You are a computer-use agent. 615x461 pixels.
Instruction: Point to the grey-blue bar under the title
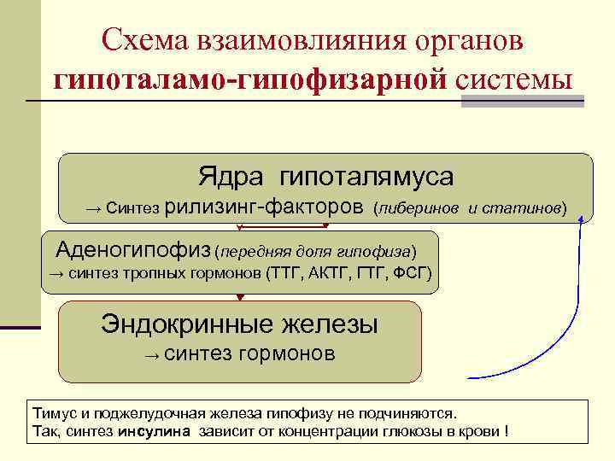click(x=522, y=101)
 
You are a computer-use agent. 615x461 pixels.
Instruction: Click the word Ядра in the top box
click(x=226, y=177)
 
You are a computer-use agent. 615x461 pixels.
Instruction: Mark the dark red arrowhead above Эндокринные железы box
click(x=240, y=297)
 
